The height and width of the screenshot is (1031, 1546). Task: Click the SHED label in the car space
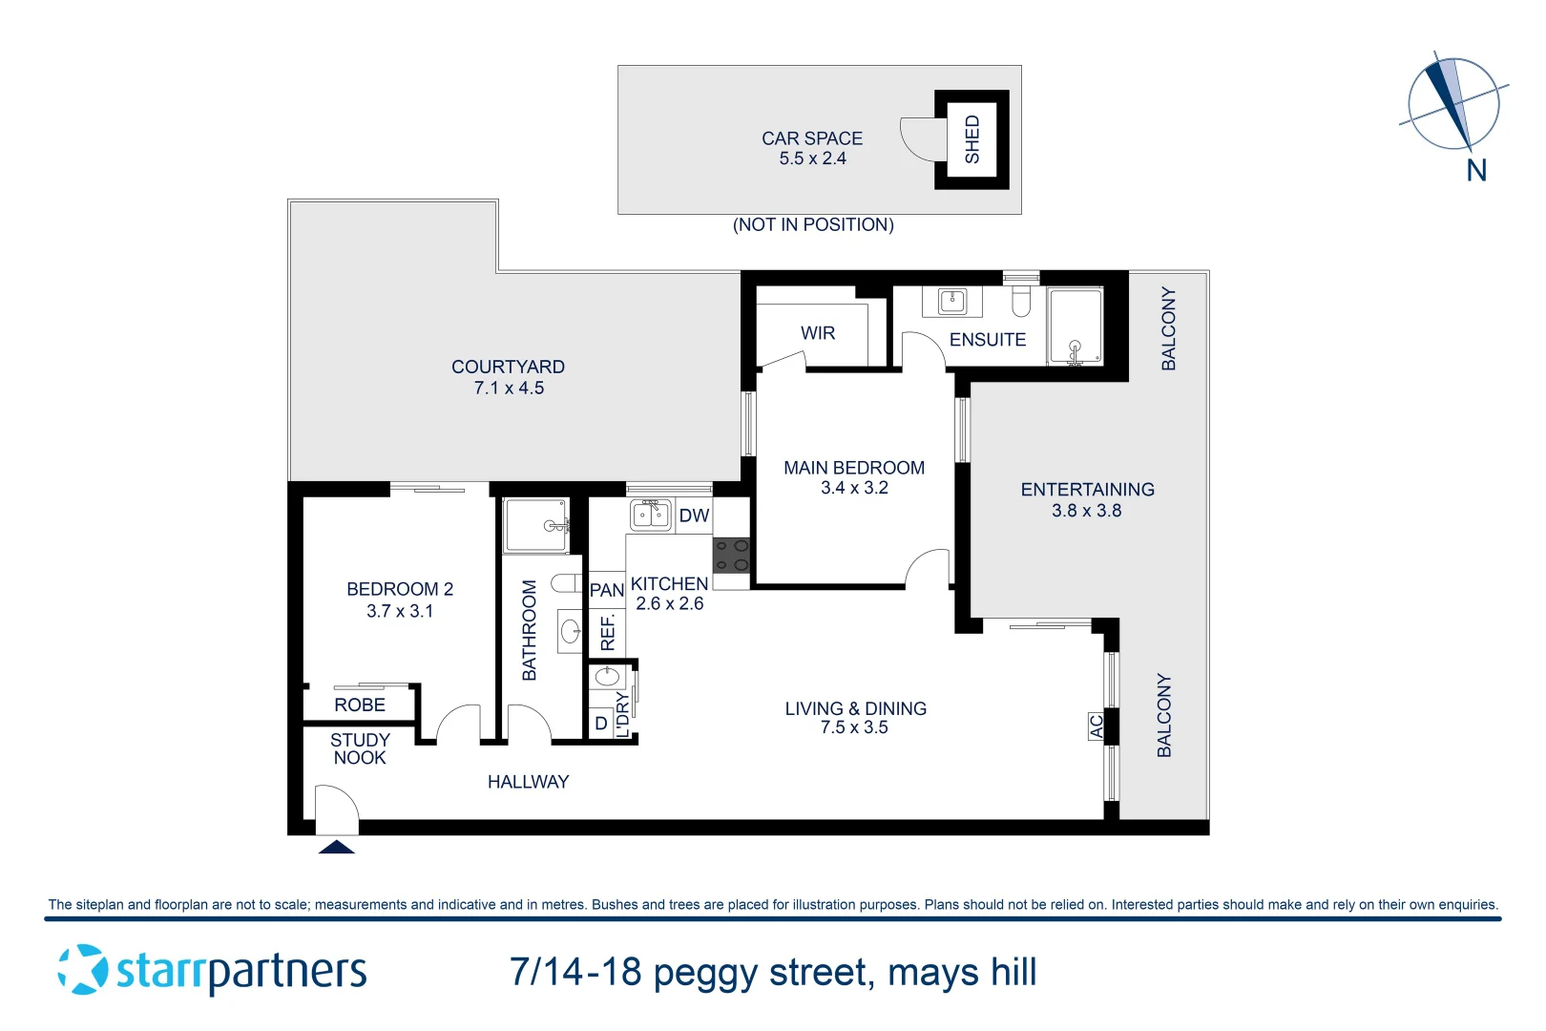971,139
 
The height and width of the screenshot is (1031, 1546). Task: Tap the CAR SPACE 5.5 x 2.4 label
812,148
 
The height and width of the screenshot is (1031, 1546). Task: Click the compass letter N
1476,171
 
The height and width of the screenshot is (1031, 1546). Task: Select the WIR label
818,333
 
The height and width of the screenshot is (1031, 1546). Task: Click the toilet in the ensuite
1021,302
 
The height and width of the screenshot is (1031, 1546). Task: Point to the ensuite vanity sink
952,302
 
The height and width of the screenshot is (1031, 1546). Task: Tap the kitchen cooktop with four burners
732,556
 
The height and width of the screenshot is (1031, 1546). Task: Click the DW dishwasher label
694,516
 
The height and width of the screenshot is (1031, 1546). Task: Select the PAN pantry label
607,590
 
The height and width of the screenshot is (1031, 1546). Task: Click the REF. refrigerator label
608,632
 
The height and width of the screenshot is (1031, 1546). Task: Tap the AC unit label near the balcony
1097,726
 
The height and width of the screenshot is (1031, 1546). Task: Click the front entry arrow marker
336,847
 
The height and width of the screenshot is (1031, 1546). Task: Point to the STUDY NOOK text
360,748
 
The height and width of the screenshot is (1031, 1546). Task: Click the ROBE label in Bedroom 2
360,705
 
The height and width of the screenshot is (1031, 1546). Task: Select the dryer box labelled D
601,724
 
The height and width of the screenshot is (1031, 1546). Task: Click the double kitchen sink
651,515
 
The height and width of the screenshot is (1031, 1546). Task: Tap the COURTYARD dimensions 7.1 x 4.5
509,389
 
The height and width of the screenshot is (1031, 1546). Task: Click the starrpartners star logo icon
83,970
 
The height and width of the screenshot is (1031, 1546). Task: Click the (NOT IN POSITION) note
813,225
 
